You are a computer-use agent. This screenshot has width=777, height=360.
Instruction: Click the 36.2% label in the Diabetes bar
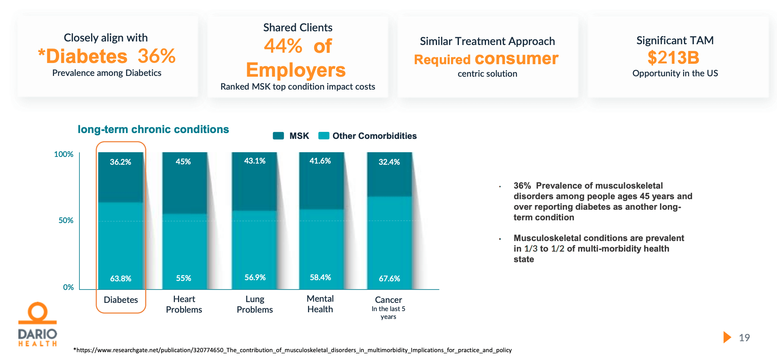tap(120, 162)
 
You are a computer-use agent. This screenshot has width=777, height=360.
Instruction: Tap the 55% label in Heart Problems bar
tap(183, 278)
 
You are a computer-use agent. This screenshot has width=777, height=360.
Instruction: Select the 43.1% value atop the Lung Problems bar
tap(255, 161)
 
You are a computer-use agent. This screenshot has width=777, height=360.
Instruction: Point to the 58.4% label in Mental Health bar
tap(320, 277)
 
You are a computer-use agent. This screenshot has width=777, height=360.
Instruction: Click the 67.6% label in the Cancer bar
tap(389, 279)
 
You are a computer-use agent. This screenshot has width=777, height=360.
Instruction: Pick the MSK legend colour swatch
tap(278, 136)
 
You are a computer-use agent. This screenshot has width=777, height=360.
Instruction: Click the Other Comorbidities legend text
tap(374, 136)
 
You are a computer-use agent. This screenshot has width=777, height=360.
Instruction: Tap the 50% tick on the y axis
tap(66, 220)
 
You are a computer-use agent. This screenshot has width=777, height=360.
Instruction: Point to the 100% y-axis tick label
tap(63, 154)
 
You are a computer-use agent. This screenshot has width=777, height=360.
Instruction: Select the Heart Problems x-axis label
tap(184, 304)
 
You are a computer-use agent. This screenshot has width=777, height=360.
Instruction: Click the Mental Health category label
tap(320, 304)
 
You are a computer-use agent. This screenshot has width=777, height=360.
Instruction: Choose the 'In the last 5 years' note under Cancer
tap(388, 313)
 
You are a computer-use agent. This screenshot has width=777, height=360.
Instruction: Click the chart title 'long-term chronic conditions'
tap(153, 129)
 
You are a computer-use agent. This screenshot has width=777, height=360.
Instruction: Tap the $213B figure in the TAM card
tap(673, 58)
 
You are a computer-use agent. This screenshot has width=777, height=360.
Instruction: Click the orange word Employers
tap(296, 70)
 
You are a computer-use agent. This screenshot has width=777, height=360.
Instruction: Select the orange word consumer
tap(516, 58)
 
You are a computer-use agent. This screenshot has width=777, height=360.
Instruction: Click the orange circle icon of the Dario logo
tap(38, 312)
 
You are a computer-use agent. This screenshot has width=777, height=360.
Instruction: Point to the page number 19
tap(744, 338)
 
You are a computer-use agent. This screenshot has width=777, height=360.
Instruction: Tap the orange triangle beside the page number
tap(727, 337)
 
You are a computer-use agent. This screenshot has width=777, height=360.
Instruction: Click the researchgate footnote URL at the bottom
tap(293, 350)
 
